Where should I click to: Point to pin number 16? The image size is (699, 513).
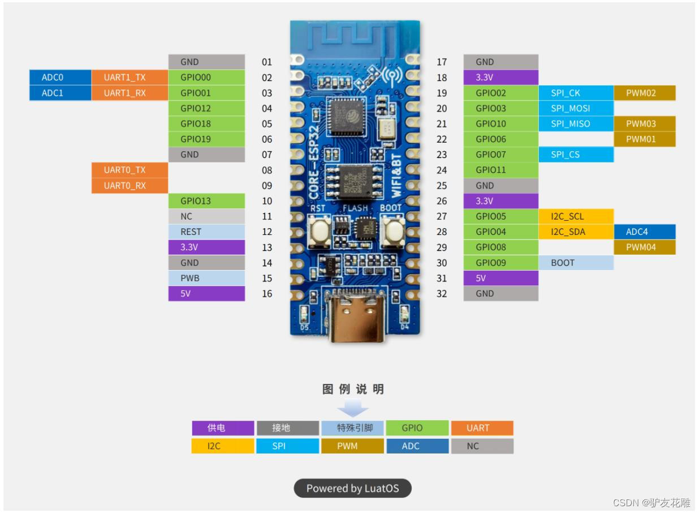pos(267,294)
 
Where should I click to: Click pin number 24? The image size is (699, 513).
pos(442,170)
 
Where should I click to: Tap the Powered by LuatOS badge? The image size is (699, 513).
pos(352,488)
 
